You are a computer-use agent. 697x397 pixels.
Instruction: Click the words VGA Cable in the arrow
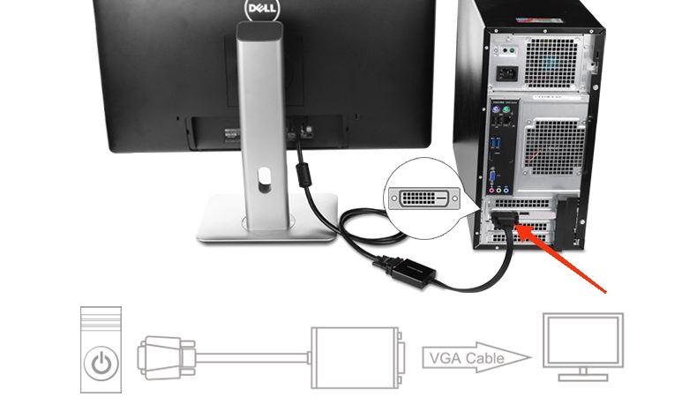[465, 358]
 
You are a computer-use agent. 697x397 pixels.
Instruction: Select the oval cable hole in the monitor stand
[263, 183]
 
